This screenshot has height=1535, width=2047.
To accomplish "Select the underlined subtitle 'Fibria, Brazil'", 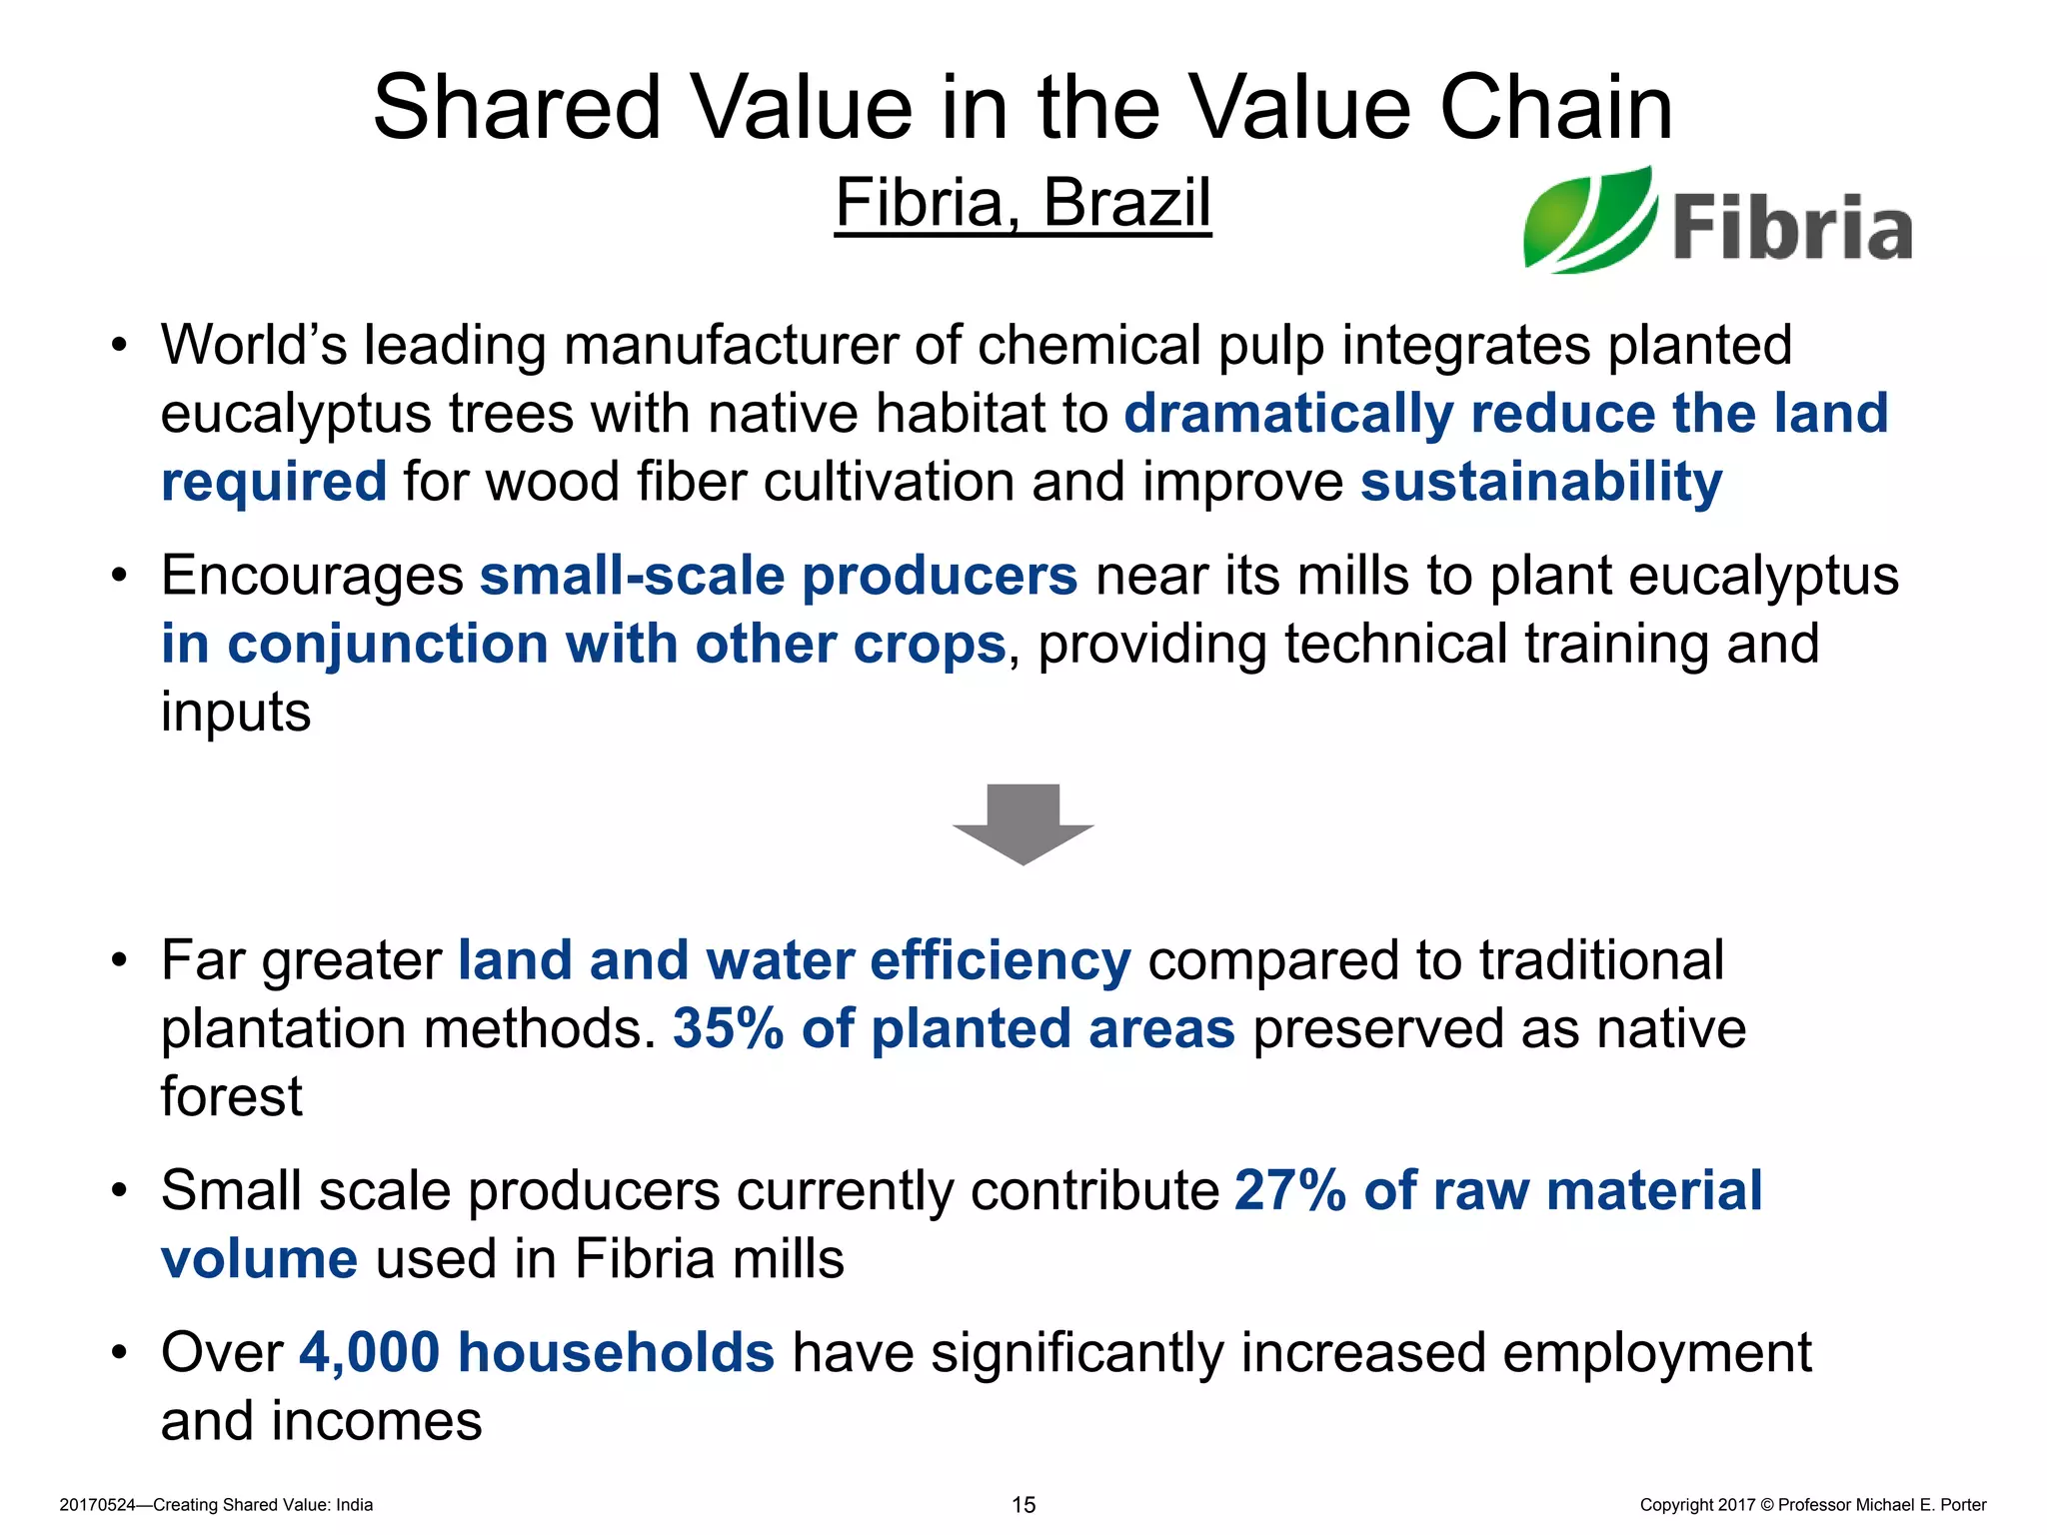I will click(x=1023, y=203).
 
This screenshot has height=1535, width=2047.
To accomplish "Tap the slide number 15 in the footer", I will click(x=1023, y=1505).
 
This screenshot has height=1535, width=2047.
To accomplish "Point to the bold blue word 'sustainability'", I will click(x=1541, y=483).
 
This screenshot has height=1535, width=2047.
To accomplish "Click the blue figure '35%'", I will click(x=728, y=1028).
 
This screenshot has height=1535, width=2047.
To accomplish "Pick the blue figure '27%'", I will click(x=1290, y=1190).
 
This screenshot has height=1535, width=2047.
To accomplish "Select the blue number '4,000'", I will click(x=370, y=1352).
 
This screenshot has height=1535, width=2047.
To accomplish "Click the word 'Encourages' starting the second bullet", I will click(x=312, y=577).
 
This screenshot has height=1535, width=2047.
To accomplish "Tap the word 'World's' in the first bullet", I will click(x=254, y=346).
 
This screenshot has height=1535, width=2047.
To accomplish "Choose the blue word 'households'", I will click(x=616, y=1352).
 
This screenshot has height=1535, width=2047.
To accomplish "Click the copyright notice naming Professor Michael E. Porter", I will click(x=1812, y=1505).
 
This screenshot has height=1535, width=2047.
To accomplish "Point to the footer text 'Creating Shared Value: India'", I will click(x=263, y=1505).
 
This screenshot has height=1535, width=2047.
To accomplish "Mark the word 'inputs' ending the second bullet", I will click(x=236, y=713).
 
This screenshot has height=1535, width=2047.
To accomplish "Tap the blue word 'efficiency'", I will click(x=1000, y=961).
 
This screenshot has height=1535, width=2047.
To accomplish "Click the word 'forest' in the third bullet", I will click(x=231, y=1096).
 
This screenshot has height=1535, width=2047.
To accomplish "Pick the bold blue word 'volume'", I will click(x=259, y=1258).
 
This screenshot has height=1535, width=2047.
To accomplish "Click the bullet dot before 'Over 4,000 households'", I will click(x=120, y=1353).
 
